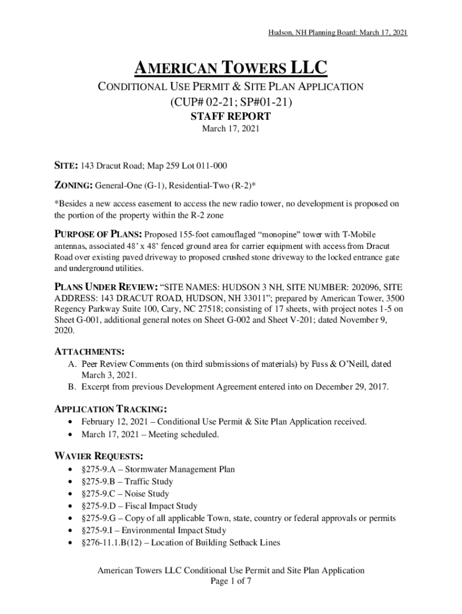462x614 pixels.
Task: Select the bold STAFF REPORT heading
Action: [x=231, y=116]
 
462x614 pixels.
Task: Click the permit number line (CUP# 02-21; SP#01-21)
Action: [x=231, y=102]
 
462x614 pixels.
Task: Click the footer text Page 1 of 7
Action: [x=231, y=582]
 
